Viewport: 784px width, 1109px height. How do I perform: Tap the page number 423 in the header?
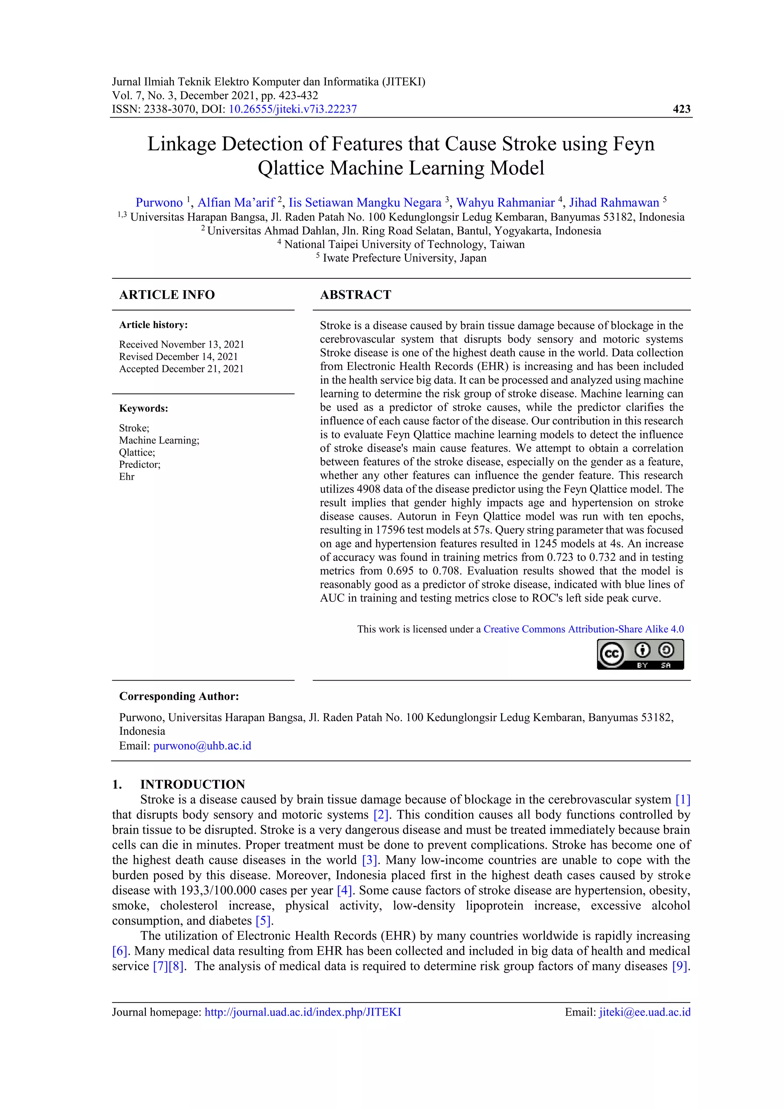click(x=681, y=109)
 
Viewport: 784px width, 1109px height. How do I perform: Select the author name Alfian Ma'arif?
click(x=236, y=203)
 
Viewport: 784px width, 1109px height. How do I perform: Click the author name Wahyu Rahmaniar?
click(x=505, y=203)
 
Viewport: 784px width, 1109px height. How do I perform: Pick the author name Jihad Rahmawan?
click(x=614, y=203)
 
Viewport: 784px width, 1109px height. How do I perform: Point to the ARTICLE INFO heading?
click(x=167, y=295)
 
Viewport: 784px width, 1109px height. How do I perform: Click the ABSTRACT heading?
click(x=356, y=295)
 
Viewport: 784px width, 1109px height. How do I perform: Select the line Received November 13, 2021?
click(x=181, y=345)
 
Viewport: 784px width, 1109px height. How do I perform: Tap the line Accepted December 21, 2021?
click(x=181, y=369)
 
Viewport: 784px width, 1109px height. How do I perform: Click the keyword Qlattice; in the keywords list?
click(x=137, y=452)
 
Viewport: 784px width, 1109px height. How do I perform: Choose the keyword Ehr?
click(x=127, y=476)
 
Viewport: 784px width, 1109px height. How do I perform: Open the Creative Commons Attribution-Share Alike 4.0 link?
click(x=583, y=629)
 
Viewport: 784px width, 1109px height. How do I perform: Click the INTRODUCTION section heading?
click(x=192, y=784)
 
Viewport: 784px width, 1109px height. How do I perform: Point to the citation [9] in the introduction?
click(x=679, y=966)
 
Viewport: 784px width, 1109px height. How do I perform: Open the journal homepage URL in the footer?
click(x=302, y=1012)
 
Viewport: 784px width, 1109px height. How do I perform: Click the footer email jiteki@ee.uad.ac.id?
click(x=644, y=1012)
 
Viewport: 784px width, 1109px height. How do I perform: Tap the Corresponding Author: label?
click(x=179, y=696)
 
